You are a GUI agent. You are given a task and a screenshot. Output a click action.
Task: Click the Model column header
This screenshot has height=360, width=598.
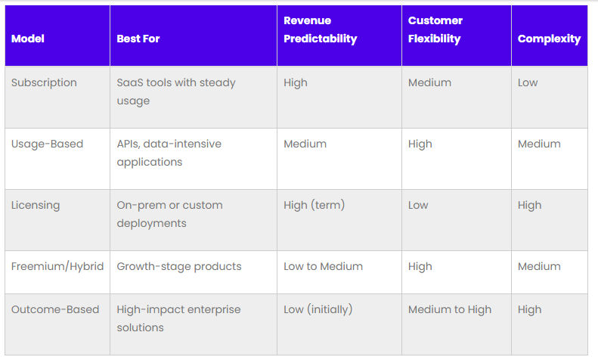coord(28,39)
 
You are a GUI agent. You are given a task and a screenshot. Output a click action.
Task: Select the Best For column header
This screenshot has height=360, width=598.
coord(138,39)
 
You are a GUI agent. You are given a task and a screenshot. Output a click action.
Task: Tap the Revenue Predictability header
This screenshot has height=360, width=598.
coord(320,29)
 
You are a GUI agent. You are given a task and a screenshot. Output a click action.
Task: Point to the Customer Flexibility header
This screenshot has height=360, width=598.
coord(435,29)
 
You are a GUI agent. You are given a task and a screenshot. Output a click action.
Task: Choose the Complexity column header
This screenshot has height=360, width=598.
coord(549,39)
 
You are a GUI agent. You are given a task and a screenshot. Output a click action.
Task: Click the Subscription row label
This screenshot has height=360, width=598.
coord(44,82)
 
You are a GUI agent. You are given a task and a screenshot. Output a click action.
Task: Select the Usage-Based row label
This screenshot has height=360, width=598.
coord(47,144)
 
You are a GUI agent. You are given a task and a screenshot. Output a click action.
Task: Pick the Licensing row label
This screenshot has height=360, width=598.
coord(36,205)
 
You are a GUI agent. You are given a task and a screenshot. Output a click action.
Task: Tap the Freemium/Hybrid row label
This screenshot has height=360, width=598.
coord(57,266)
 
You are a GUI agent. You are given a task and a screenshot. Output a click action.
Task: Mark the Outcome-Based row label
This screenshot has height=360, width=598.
coord(55,309)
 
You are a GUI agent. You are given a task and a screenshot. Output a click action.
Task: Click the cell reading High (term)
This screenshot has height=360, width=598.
coord(314,205)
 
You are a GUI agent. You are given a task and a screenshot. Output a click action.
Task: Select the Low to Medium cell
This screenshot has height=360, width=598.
coord(323,266)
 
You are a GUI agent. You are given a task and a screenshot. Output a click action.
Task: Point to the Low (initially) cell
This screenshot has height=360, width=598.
coord(318,309)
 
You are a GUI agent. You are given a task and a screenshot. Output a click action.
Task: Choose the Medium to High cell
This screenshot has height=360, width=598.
coord(450,309)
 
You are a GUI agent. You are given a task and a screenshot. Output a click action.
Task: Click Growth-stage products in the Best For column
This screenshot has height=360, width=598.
coord(179,266)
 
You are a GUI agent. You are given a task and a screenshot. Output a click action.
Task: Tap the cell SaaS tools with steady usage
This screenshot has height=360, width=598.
coord(176,92)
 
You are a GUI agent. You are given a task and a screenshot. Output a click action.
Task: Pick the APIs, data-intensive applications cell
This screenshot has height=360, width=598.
coord(169,153)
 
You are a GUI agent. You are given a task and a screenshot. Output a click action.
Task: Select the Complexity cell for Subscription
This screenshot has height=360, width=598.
coord(528,82)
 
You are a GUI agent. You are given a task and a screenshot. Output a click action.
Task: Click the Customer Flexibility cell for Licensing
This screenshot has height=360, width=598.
coord(418,205)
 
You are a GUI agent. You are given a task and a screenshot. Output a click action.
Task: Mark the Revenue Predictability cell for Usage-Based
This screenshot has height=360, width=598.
coord(305,144)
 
